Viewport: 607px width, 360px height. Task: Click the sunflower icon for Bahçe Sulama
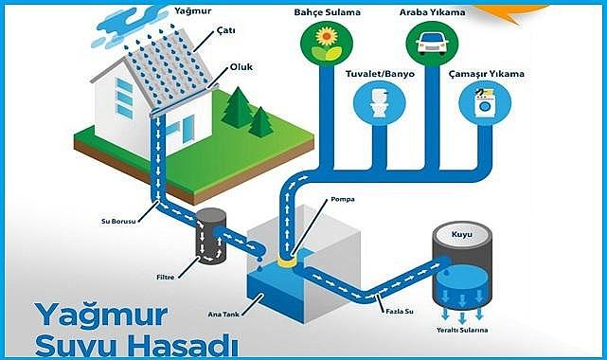(x=324, y=40)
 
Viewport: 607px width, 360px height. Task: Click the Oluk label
(x=241, y=67)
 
